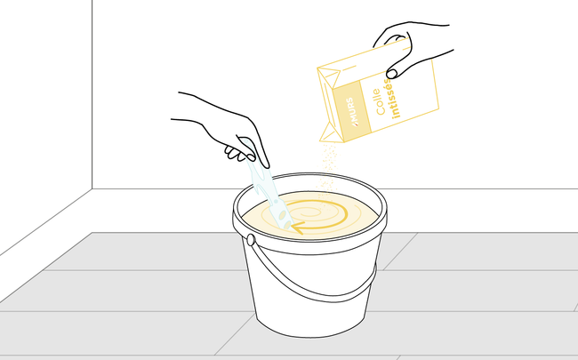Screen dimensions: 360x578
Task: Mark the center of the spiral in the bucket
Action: click(x=317, y=213)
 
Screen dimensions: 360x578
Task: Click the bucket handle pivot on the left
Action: click(x=251, y=240)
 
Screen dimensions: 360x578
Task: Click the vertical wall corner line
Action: click(x=92, y=89)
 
